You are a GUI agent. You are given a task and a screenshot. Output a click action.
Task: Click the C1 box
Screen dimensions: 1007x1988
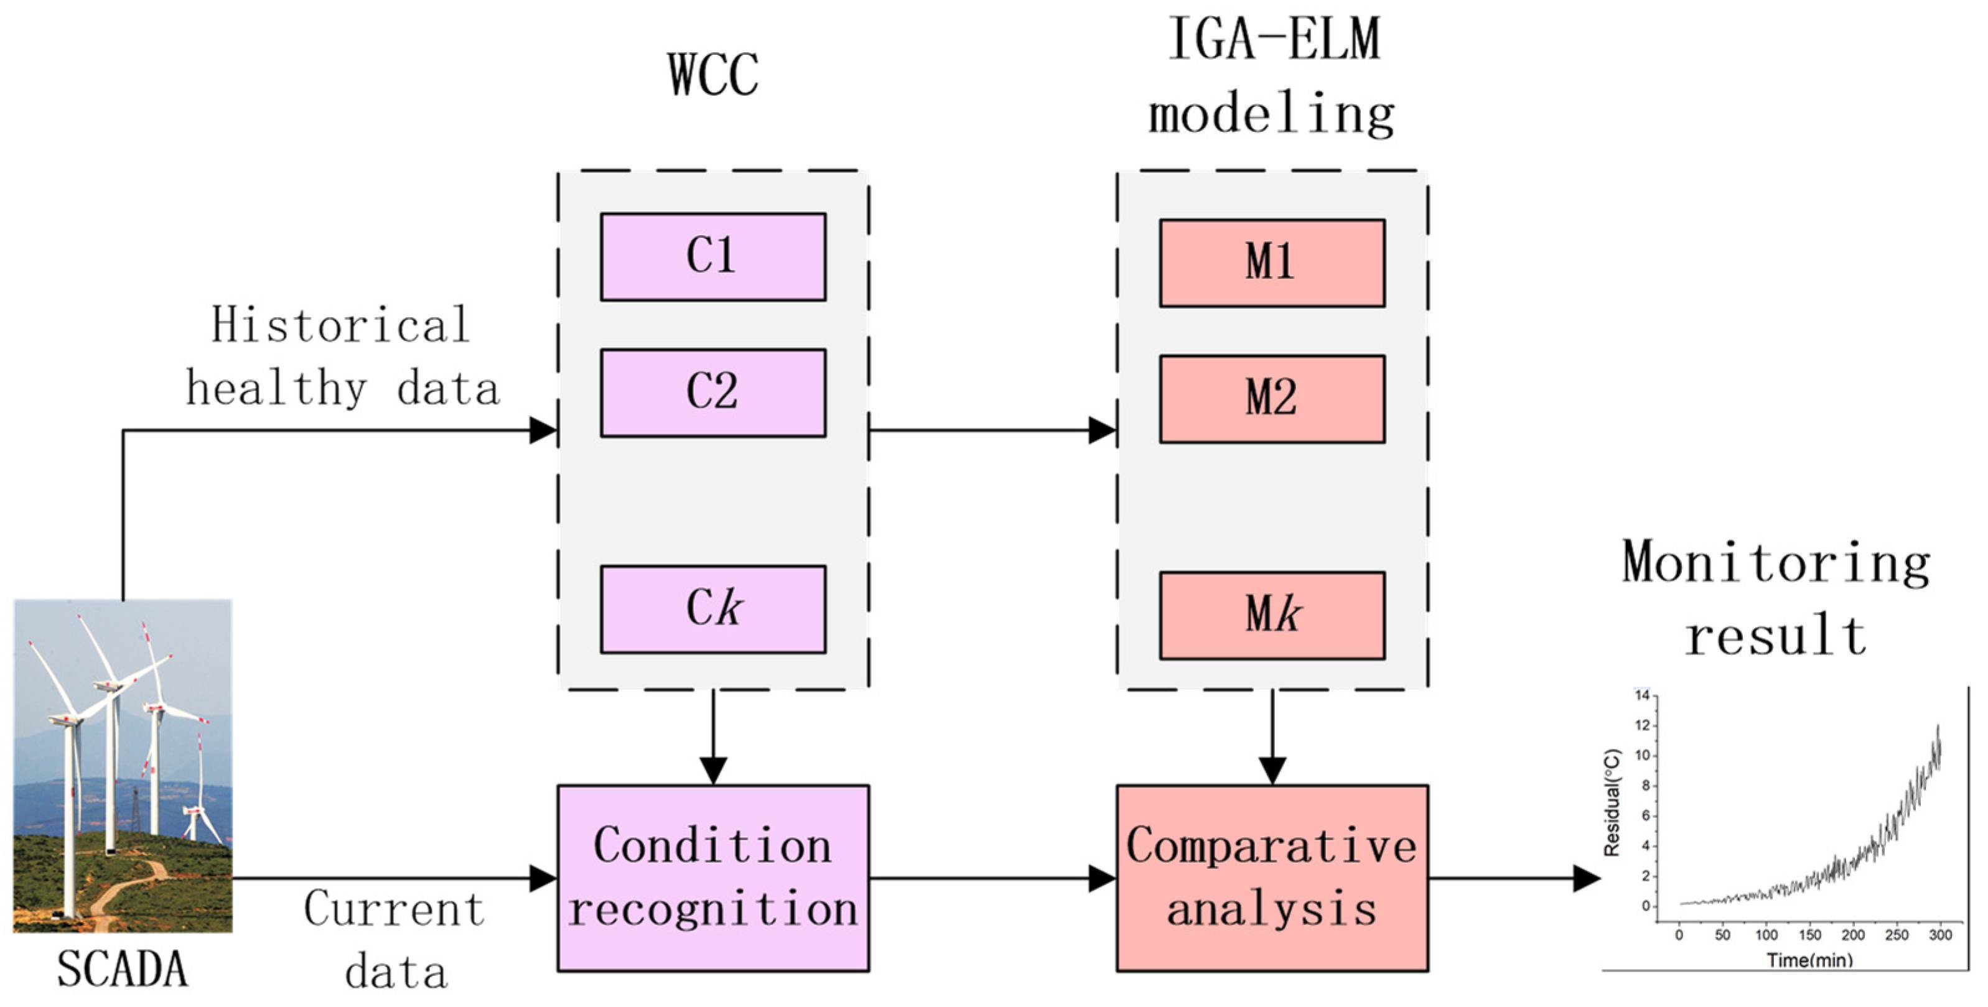coord(712,257)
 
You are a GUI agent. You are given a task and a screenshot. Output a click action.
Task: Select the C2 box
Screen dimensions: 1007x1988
coord(712,392)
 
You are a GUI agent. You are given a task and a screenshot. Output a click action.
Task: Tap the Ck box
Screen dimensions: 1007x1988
coord(712,610)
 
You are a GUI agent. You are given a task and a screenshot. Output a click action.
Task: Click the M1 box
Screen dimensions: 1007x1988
coord(1271,263)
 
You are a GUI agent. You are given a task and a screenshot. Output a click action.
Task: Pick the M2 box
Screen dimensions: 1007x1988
coord(1271,399)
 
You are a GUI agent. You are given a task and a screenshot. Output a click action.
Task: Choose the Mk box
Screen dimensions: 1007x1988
coord(1271,616)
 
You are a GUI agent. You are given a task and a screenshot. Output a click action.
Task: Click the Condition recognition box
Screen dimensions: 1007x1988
coord(712,878)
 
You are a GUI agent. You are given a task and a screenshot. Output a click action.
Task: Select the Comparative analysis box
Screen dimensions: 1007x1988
coord(1271,878)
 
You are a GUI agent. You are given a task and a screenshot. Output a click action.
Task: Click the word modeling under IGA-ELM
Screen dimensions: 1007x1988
coord(1271,114)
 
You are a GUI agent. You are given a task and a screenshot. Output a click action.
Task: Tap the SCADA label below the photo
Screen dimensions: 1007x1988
coord(122,969)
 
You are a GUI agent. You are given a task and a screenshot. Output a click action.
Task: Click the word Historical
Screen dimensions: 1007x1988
coord(340,325)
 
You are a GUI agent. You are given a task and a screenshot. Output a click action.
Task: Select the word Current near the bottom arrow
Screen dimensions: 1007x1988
coord(394,909)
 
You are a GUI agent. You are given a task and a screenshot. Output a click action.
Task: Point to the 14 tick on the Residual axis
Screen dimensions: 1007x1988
coord(1641,696)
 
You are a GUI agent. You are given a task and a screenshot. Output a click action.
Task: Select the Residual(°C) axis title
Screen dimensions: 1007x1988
coord(1612,802)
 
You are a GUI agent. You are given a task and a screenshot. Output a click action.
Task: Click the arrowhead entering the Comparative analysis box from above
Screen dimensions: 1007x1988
coord(1271,770)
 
